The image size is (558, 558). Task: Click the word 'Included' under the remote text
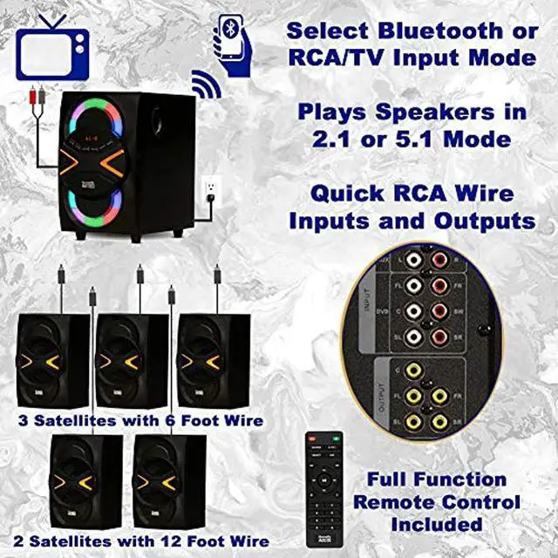point(436,525)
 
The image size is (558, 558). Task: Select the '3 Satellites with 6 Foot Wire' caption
point(140,421)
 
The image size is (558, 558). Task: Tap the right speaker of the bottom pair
point(169,480)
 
